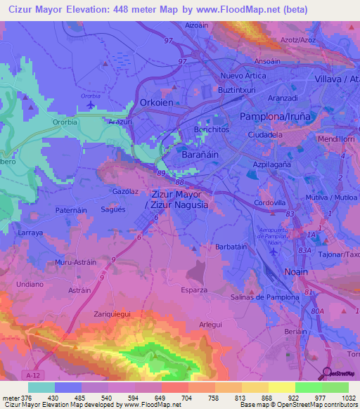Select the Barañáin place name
202,152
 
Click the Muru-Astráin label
75,262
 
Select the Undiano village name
30,285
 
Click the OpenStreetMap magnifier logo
327,373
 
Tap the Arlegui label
210,324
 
